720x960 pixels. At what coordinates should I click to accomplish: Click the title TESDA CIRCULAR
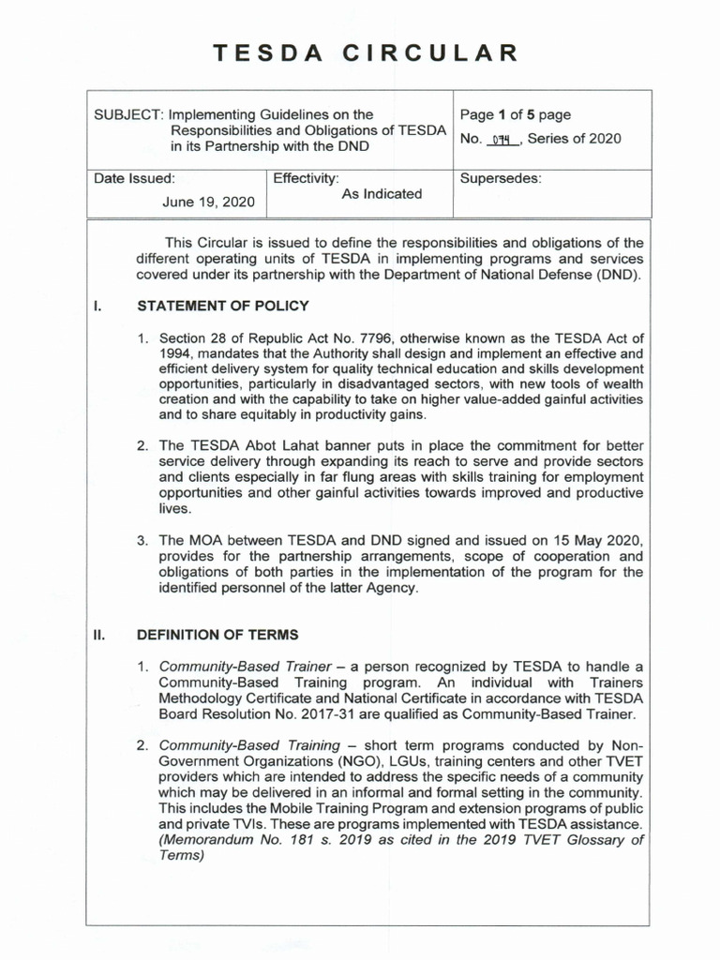365,52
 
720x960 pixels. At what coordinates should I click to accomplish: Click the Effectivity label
306,178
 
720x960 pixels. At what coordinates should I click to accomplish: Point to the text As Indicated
382,194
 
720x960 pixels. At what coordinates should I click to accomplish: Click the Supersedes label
501,178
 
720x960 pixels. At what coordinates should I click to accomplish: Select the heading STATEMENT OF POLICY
222,306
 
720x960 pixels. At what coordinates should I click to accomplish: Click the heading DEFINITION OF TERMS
217,635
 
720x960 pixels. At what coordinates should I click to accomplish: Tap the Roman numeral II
98,635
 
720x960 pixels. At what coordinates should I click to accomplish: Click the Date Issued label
134,178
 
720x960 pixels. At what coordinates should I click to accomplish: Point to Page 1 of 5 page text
515,115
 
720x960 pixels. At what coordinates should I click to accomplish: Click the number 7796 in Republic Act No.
380,337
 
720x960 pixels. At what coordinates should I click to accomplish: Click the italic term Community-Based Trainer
244,667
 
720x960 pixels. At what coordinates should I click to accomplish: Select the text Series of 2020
575,139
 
